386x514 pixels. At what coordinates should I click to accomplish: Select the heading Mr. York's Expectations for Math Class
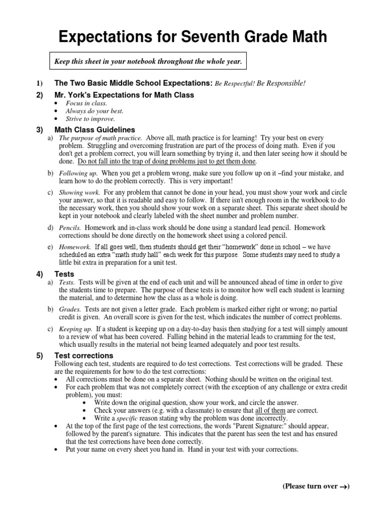(x=124, y=95)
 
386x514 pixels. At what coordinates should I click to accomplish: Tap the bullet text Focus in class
(x=86, y=103)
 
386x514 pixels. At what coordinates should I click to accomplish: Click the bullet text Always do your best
(x=94, y=111)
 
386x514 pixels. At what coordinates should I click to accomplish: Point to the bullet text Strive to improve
(x=90, y=119)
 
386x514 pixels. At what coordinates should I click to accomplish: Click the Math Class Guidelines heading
(x=94, y=130)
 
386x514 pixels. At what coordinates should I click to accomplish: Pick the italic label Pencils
(x=70, y=228)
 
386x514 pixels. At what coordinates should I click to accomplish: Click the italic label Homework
(x=74, y=247)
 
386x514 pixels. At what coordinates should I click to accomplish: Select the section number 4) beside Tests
(x=40, y=274)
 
